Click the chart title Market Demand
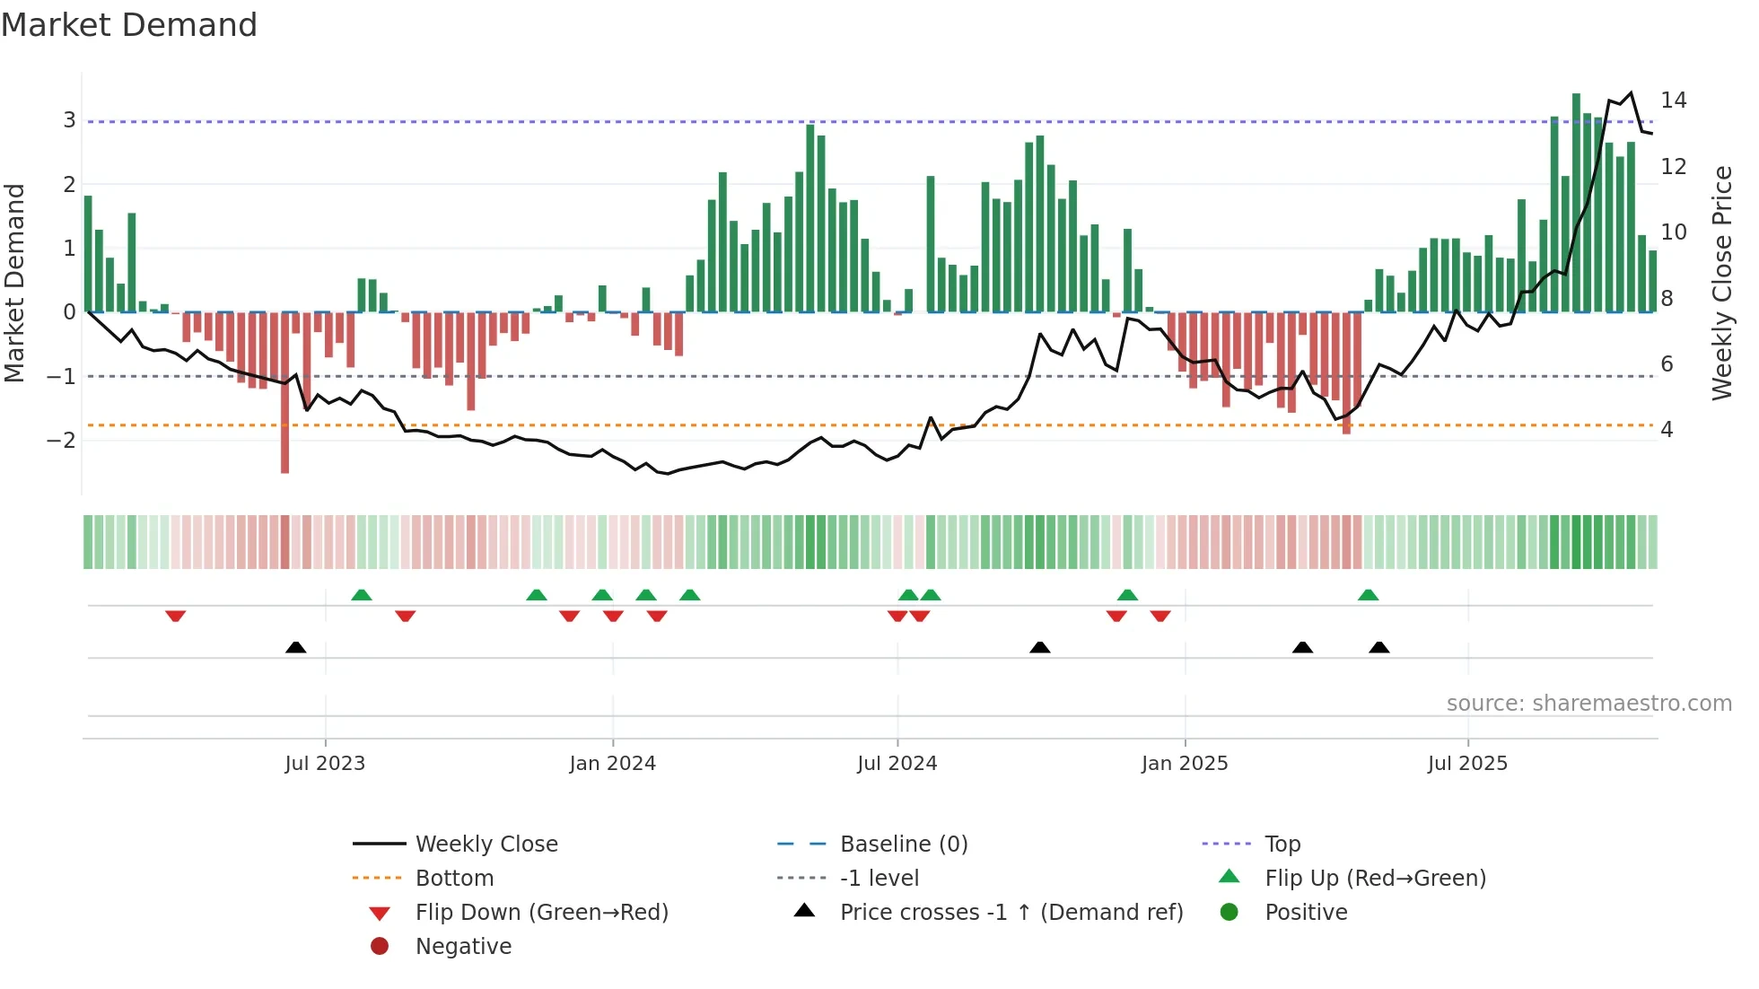129,25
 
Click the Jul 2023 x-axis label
325,764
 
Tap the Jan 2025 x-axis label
1185,764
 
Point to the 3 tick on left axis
69,120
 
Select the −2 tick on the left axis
62,441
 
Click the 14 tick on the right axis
1674,101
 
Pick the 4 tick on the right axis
1667,430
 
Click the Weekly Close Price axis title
1722,284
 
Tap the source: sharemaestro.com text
1588,704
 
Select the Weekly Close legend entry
486,845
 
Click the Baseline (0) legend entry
903,845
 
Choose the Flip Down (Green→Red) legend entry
541,913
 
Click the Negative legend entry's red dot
380,947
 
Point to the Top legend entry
1282,845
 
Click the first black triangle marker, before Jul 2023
295,647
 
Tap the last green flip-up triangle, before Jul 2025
1368,595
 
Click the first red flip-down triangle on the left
176,617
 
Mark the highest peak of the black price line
1631,92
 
